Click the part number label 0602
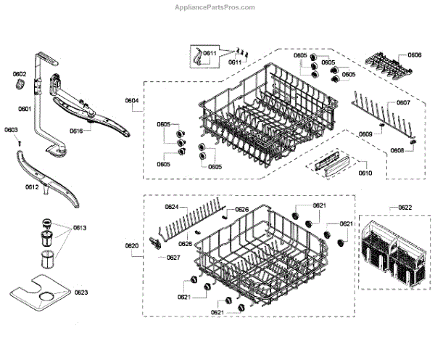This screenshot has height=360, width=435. pos(19,74)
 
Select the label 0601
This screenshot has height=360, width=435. pos(24,109)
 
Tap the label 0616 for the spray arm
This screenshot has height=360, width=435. pos(77,131)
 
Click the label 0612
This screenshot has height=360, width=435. pos(31,187)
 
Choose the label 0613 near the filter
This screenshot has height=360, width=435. pos(80,228)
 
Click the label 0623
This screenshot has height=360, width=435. pos(81,292)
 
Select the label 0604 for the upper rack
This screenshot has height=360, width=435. pos(132,100)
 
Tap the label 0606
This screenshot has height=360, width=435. pos(414,55)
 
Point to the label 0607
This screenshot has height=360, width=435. pos(403,102)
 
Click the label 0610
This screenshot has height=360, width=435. pos(365,173)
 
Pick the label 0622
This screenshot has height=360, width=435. pos(405,208)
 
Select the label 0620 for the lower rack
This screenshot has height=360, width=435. pos(132,246)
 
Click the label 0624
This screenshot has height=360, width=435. pos(171,207)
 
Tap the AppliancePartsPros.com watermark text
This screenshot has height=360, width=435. pos(216,7)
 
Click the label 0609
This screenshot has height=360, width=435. pos(365,134)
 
